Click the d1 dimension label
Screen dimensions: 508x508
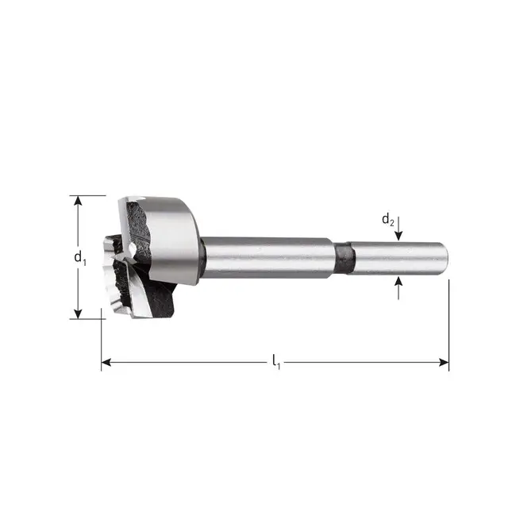point(79,257)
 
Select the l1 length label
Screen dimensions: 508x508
point(275,363)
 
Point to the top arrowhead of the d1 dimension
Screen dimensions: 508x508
point(78,201)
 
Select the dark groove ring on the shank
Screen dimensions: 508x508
point(344,259)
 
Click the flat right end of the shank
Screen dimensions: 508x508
point(446,258)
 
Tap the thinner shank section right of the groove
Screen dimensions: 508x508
point(397,258)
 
